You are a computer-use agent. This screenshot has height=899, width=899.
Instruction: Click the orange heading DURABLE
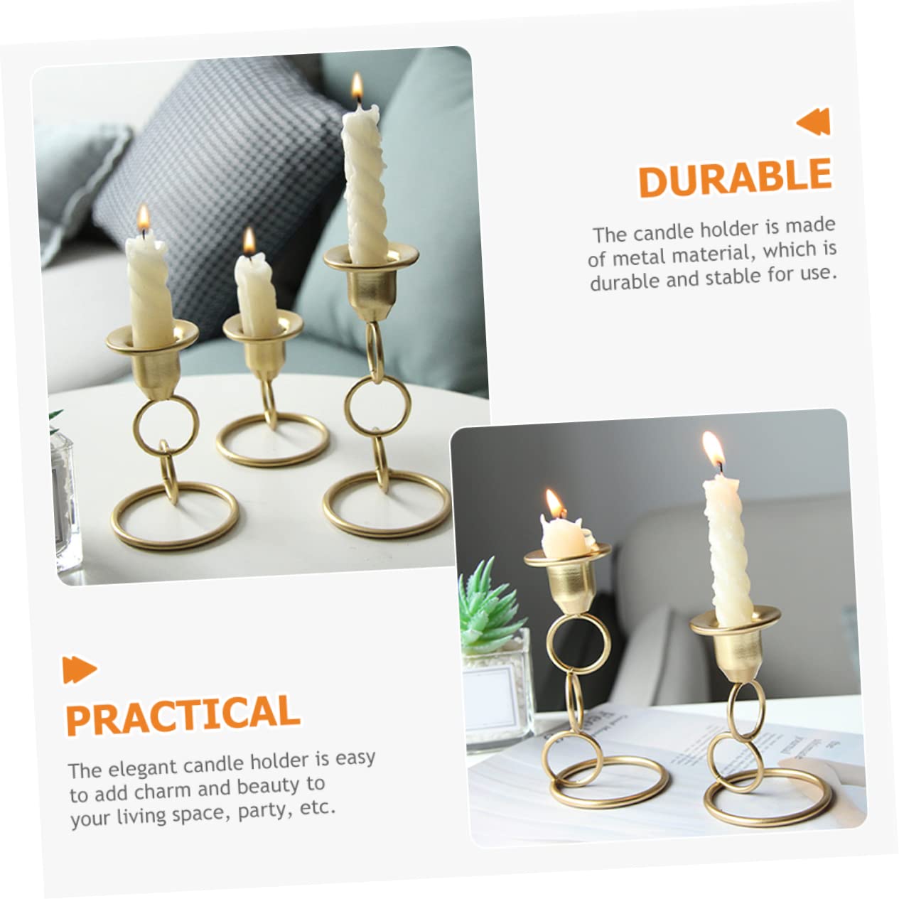(735, 178)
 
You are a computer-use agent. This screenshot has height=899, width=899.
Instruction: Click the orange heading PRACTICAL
(183, 714)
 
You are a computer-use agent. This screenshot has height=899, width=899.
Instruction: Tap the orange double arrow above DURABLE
(814, 122)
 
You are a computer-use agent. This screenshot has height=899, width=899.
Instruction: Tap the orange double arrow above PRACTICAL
(80, 669)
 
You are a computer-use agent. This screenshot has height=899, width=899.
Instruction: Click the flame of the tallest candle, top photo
(357, 88)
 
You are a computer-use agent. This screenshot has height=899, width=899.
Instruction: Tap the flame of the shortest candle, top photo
(249, 242)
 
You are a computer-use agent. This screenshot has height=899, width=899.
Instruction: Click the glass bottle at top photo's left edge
(65, 497)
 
